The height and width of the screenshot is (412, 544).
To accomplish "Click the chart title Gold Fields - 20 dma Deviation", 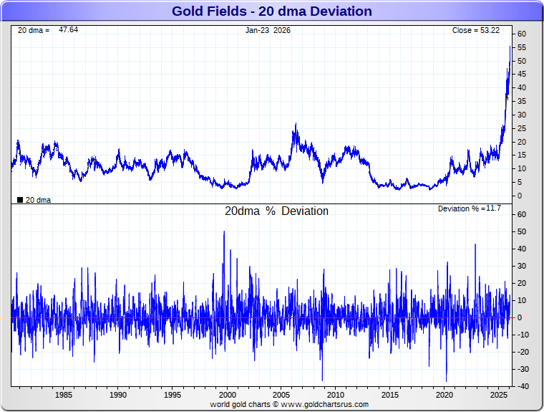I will pos(272,11).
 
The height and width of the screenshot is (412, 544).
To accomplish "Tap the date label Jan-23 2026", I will pos(268,30).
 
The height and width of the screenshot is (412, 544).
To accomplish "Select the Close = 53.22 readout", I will pos(475,30).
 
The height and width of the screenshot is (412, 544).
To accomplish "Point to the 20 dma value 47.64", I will pos(69,30).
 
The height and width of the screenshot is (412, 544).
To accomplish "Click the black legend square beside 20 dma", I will pos(20,200).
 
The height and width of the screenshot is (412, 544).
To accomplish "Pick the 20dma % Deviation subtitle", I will pos(276,211).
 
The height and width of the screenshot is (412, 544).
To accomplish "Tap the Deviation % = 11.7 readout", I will pos(469,209).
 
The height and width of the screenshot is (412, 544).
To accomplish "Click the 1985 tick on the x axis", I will pos(63,395).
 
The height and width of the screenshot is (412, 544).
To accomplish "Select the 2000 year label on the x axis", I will pos(227,395).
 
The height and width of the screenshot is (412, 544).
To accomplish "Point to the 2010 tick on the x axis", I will pos(336,395).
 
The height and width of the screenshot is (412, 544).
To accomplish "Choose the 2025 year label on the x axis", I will pos(499,395).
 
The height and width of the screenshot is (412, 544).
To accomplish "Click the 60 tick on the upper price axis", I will pos(522,34).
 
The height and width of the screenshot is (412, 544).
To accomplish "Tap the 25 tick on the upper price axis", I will pos(522,128).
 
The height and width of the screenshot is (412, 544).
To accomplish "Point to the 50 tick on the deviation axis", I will pos(522,231).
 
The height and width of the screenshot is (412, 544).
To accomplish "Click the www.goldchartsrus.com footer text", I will pos(324,404).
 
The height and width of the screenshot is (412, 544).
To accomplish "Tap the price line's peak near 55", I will pos(510,47).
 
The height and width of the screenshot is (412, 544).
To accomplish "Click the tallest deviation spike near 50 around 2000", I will pos(224,231).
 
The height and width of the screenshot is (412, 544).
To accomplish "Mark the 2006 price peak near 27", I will pos(295,124).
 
